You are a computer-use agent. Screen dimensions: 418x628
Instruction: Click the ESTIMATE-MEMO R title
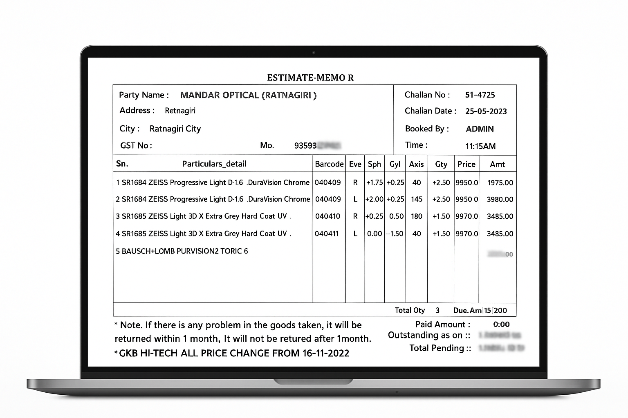click(310, 78)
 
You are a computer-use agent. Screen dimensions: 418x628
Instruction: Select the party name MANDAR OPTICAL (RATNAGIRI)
click(248, 95)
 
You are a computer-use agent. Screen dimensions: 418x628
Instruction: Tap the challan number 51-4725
click(480, 95)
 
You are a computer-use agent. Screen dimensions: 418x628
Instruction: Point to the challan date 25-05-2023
click(486, 111)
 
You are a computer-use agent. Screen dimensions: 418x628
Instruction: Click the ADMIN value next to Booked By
click(480, 129)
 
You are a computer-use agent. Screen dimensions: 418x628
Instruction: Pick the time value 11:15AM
click(480, 146)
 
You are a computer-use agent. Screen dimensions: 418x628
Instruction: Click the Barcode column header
click(329, 164)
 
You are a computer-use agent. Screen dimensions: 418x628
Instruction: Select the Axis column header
click(416, 164)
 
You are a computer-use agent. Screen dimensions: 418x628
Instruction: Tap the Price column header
click(466, 164)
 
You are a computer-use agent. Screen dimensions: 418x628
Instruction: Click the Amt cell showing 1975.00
click(500, 182)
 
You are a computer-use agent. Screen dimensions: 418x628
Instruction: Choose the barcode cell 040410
click(327, 216)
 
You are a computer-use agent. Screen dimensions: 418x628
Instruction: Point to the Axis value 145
click(417, 199)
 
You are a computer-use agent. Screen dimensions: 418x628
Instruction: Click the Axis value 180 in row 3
click(417, 216)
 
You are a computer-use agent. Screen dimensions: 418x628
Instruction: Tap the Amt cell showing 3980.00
click(500, 199)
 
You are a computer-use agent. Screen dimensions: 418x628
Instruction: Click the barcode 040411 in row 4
click(327, 233)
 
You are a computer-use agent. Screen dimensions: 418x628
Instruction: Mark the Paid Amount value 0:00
click(501, 325)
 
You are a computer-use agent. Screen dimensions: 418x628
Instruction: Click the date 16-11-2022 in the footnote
click(326, 353)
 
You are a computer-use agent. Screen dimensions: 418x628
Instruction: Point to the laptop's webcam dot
click(314, 53)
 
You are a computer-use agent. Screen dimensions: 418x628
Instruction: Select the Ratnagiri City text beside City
click(175, 129)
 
